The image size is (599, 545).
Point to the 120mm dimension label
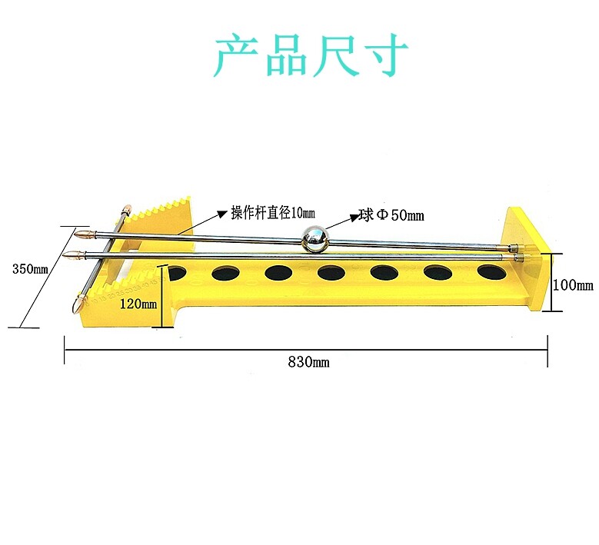pyautogui.click(x=138, y=304)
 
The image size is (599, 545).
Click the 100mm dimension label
pyautogui.click(x=574, y=284)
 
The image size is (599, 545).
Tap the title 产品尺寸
pyautogui.click(x=310, y=55)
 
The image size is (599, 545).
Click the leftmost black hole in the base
pyautogui.click(x=175, y=272)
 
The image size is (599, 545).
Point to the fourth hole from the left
pyautogui.click(x=332, y=271)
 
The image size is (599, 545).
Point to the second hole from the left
pyautogui.click(x=227, y=272)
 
